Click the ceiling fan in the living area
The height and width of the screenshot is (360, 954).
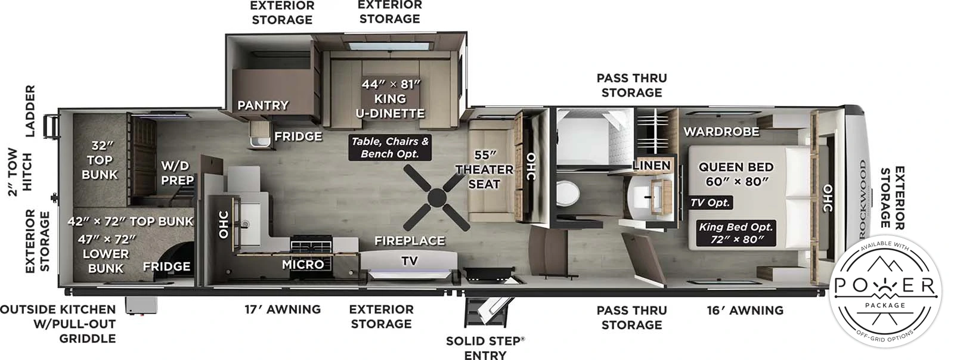pos(437,198)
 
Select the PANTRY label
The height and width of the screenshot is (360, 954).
pos(263,105)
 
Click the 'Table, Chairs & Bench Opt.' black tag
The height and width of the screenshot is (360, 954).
pos(390,147)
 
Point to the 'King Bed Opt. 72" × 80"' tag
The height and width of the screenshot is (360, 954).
pos(736,233)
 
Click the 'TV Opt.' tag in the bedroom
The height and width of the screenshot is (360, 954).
pos(710,203)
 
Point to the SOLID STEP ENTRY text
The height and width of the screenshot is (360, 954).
pos(485,348)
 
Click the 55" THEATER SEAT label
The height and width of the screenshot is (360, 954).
pos(484,170)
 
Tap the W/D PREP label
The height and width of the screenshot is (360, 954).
pos(177,173)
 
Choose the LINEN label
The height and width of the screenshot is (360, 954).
pos(651,165)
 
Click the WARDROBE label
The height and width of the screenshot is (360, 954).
pos(721,131)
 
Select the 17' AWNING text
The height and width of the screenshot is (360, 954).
pos(283,309)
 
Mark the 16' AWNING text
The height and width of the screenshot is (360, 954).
pos(745,310)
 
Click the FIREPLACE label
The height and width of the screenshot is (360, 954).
pos(409,241)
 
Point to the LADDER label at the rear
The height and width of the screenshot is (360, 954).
pos(30,110)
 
